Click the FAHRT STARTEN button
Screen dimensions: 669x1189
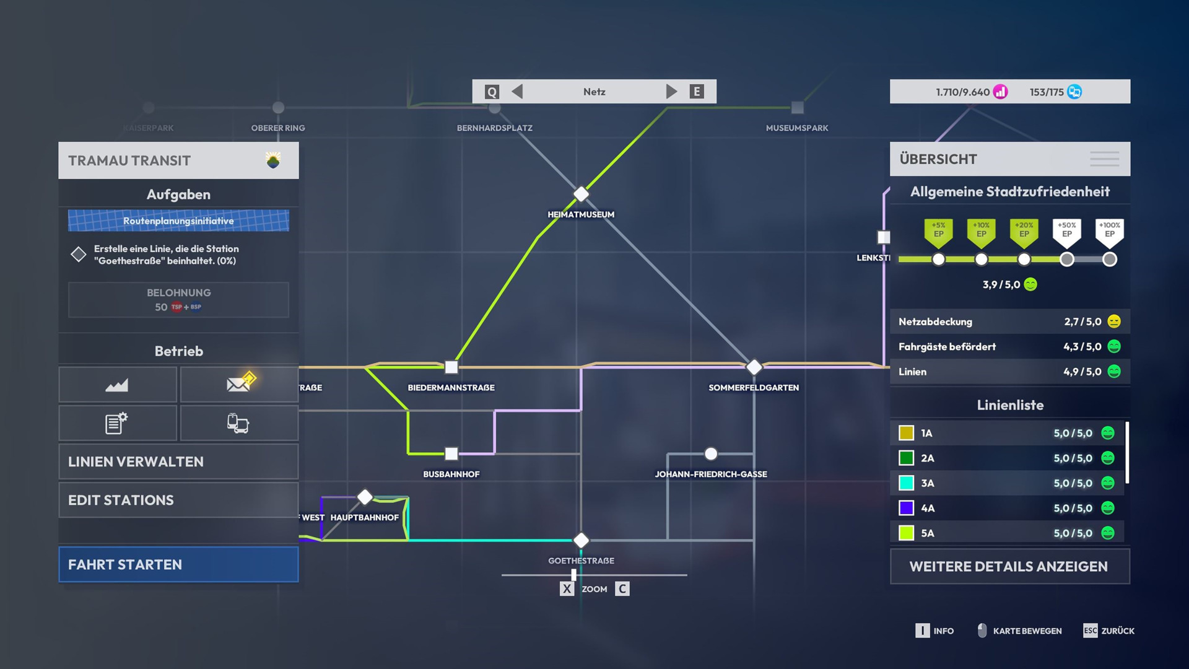coord(178,564)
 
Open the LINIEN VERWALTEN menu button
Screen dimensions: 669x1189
coord(178,461)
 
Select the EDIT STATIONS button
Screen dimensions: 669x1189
coord(178,500)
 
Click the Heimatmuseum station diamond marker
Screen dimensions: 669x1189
coord(581,194)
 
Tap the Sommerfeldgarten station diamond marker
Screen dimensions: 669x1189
coord(754,367)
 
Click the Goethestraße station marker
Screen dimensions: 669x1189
coord(581,540)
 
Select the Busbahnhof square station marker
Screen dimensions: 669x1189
coord(451,453)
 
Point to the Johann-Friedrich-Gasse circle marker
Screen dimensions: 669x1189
coord(711,453)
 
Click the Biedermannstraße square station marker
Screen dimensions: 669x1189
coord(451,367)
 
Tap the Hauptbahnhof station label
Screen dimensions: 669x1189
coord(364,517)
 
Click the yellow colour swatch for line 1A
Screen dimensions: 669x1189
coord(906,433)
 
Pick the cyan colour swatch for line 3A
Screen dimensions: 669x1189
coord(906,483)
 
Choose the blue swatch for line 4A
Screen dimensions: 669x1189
coord(906,508)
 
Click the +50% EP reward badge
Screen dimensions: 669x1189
coord(1066,231)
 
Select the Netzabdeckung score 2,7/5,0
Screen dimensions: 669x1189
coord(1082,321)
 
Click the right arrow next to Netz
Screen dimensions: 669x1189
coord(671,92)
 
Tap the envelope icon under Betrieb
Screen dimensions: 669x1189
coord(239,384)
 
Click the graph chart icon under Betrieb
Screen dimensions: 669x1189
coord(117,385)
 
